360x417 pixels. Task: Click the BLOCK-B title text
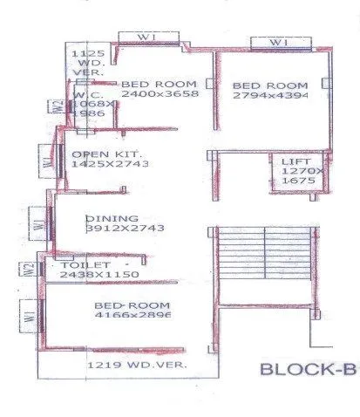click(x=308, y=369)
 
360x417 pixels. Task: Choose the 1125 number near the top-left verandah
click(x=82, y=53)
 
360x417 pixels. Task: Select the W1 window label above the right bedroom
click(x=277, y=42)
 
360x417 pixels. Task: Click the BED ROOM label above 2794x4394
click(x=269, y=85)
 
